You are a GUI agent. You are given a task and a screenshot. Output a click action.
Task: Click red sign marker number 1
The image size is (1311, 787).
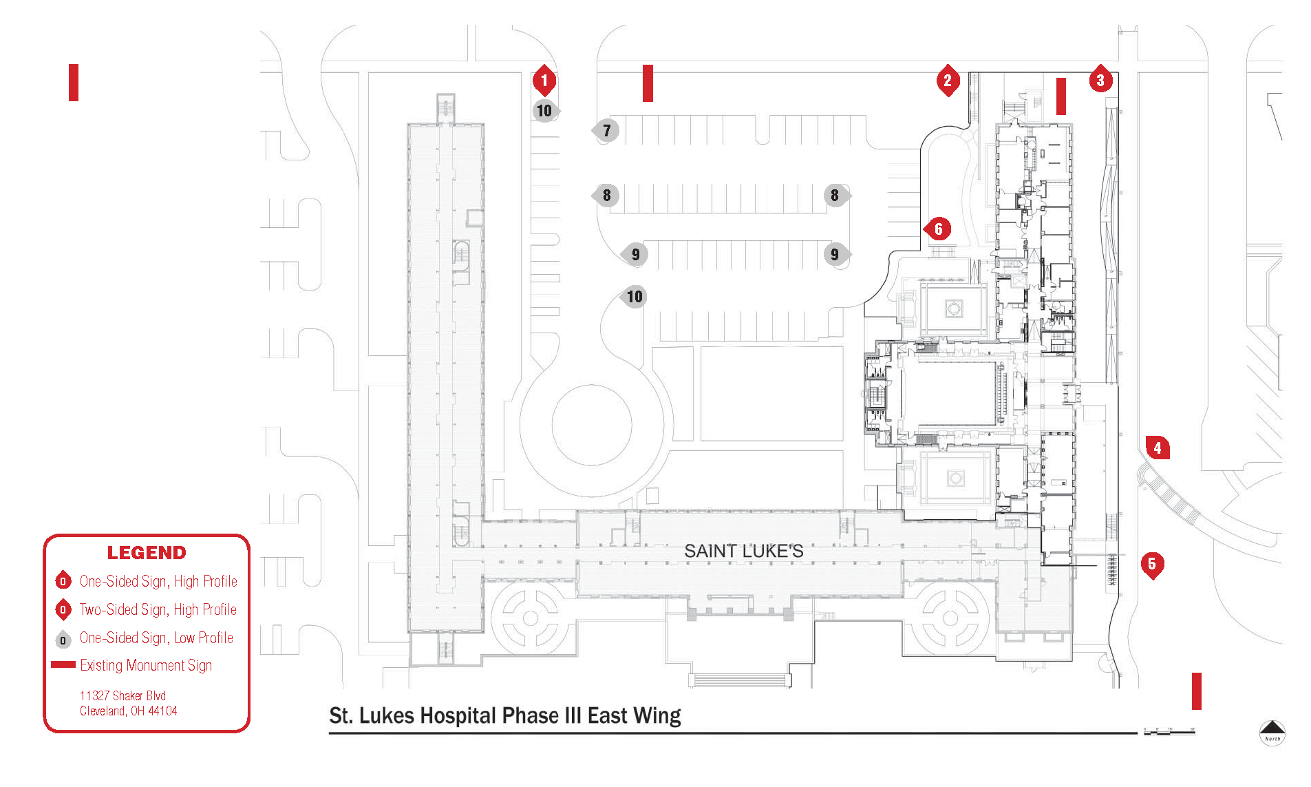(544, 81)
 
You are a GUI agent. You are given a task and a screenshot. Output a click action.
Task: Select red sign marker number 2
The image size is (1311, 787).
(948, 81)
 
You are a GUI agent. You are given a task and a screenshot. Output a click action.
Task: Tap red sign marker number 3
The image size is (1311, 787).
(1100, 81)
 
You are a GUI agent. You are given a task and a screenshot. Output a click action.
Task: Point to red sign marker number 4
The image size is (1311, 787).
(1158, 448)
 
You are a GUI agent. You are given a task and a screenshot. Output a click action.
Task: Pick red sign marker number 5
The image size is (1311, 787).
(1152, 565)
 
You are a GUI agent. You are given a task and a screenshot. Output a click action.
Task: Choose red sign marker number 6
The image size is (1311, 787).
(938, 229)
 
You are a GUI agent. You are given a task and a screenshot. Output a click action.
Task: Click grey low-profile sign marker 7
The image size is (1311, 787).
(606, 130)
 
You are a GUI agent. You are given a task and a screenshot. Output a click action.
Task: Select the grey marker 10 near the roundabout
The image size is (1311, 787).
(634, 297)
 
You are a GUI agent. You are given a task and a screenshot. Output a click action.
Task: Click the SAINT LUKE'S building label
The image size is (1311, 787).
(743, 551)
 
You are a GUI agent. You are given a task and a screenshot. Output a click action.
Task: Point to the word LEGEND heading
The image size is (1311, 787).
(147, 553)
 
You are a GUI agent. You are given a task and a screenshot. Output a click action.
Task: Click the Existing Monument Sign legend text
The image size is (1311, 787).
(146, 665)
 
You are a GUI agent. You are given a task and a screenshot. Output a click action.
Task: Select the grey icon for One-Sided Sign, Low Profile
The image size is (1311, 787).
(63, 639)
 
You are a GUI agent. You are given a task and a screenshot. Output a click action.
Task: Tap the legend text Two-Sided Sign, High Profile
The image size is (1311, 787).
(158, 609)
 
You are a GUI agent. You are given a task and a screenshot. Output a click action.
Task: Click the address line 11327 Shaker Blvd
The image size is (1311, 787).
(122, 695)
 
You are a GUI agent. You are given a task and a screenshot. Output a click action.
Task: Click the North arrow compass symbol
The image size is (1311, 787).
(1272, 731)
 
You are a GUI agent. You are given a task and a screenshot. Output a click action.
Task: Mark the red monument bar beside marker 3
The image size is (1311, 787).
(1061, 96)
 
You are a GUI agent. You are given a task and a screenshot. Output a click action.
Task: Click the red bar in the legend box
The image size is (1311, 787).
(63, 664)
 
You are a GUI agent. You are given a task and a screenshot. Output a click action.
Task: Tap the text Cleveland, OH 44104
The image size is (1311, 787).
(129, 711)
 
